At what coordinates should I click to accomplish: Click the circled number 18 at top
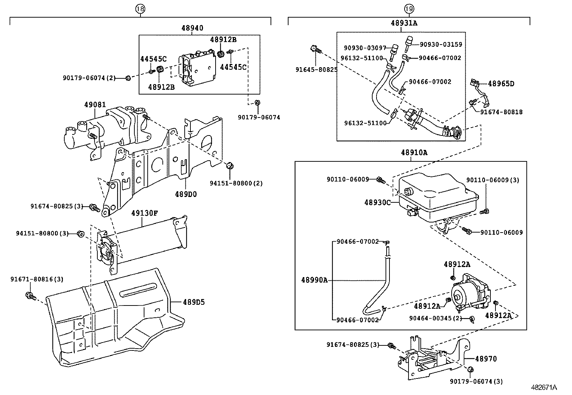tap(140, 9)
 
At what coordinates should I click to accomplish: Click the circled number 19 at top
tap(409, 9)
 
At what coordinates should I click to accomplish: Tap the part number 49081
tap(95, 105)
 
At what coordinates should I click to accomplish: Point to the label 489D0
tap(186, 194)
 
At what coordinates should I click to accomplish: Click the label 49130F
tap(144, 213)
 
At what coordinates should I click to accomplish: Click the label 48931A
tap(404, 23)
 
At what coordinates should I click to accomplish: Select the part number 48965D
tap(501, 84)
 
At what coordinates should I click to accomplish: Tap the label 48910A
tap(414, 152)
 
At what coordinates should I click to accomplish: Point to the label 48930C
tap(377, 202)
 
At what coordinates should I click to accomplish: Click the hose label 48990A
tap(314, 280)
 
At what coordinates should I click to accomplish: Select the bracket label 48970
tap(486, 359)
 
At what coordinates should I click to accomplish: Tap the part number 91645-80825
tap(317, 70)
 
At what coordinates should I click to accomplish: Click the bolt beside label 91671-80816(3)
tap(30, 296)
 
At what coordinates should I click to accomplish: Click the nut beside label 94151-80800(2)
tap(230, 166)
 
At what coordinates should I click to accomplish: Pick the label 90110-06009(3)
tap(493, 180)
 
